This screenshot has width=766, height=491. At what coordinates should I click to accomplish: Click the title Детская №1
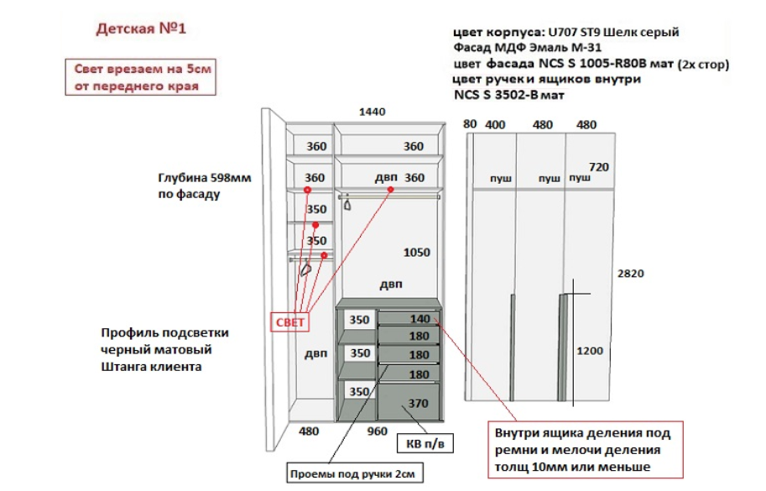coord(140,29)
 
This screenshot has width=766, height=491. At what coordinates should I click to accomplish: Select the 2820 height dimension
coord(631,274)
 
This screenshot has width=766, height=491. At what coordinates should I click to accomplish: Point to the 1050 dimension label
coord(416,253)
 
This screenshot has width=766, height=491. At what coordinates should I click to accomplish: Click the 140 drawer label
coord(419,319)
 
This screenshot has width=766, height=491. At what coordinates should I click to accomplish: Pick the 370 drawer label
coord(418,404)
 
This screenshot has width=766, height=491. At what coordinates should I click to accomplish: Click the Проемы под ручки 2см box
coord(352,473)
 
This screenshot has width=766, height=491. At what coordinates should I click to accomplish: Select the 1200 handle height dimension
coord(591,351)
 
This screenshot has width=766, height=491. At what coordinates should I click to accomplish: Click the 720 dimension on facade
coord(599,166)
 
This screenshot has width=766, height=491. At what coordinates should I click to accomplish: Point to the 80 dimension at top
coord(470,124)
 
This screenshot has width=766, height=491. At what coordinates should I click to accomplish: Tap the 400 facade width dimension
coord(496,125)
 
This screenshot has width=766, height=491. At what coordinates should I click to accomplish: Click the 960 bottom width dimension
coord(378,431)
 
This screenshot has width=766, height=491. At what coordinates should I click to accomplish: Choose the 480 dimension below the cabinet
coord(310,431)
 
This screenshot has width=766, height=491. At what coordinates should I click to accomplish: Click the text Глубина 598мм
coord(205,178)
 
